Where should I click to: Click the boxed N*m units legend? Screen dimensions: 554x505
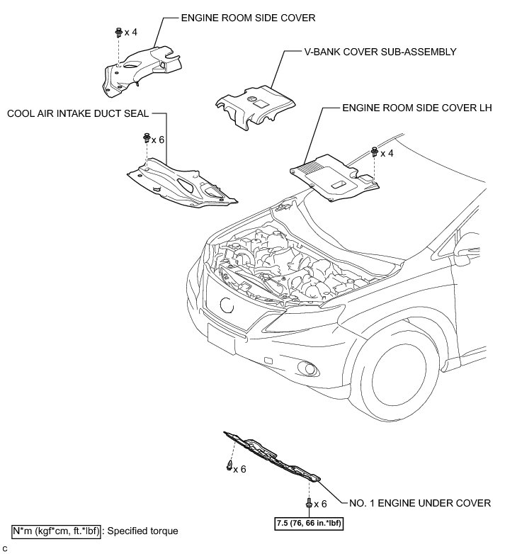click(x=55, y=531)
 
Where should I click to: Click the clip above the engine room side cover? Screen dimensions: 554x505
click(x=116, y=33)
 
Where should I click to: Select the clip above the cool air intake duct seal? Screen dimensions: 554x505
click(x=146, y=137)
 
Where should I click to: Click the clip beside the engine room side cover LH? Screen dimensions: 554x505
click(x=373, y=152)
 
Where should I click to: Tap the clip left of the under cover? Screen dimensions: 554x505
click(x=229, y=466)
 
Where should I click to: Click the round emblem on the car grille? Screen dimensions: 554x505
click(x=226, y=305)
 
